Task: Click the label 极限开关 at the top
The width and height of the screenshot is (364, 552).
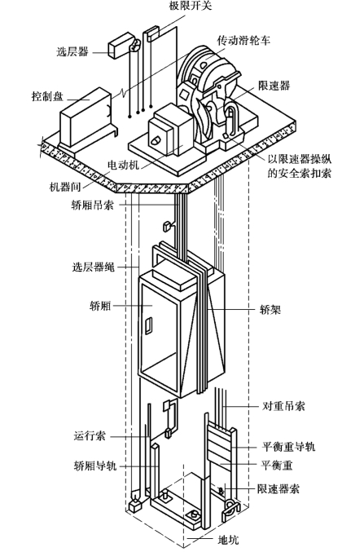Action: tap(191, 6)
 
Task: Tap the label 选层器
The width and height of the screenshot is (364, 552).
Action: tap(72, 51)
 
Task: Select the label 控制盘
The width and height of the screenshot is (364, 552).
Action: tap(47, 96)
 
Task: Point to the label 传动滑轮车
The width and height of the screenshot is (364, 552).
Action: tap(243, 40)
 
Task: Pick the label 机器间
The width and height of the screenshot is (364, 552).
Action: tap(65, 187)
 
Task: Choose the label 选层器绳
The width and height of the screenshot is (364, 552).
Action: tap(93, 267)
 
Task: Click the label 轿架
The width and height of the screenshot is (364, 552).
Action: tap(270, 310)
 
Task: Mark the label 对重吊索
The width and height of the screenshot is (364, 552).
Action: tap(283, 406)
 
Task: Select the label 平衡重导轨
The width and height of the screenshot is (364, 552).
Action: tap(288, 446)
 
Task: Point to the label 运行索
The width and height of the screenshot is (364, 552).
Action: tap(90, 436)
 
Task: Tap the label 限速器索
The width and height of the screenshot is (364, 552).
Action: tap(278, 488)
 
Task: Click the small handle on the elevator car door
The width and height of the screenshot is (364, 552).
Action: tap(149, 325)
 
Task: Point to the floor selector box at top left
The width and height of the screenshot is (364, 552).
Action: tap(121, 44)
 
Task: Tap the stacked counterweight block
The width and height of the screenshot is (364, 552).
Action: tap(219, 444)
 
